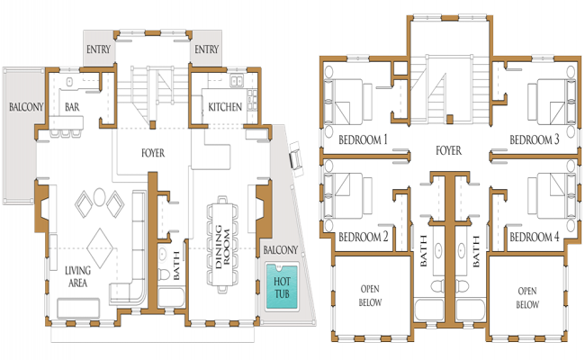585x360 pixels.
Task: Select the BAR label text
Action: pos(73,107)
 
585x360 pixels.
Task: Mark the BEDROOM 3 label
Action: pos(535,139)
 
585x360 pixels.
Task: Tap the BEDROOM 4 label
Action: pos(535,238)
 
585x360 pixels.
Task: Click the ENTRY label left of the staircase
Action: pos(99,49)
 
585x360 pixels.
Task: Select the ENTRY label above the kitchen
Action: pos(207,49)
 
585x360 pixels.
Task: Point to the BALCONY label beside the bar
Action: pos(26,107)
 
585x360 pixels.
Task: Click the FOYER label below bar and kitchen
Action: pos(153,153)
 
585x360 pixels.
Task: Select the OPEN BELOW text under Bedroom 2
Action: pos(370,296)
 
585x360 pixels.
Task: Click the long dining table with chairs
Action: pos(221,243)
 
